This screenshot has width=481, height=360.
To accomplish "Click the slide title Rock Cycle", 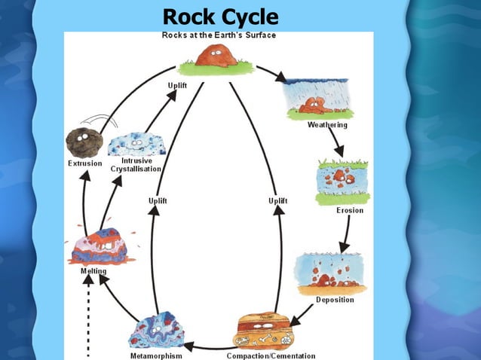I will (x=221, y=16).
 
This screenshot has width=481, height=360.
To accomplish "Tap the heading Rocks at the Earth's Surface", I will (x=219, y=35).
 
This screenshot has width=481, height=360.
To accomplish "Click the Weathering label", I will (x=327, y=125).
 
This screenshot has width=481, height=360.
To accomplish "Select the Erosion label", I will (x=350, y=210).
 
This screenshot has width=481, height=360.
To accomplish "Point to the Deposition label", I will (x=335, y=300).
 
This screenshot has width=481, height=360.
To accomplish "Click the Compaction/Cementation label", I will (x=271, y=355).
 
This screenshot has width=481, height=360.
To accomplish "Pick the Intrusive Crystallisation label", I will (x=136, y=165).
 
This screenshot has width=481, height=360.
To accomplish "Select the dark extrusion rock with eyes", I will (x=83, y=141).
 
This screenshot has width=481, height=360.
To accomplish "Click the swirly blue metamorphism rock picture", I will (x=157, y=331).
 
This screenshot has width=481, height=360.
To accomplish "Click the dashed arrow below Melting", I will (x=89, y=316).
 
